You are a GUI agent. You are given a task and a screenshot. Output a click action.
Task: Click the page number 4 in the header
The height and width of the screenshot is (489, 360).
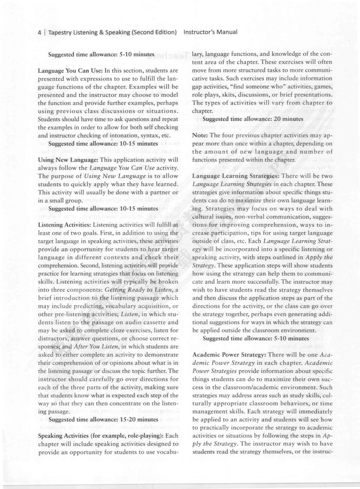(x=39, y=32)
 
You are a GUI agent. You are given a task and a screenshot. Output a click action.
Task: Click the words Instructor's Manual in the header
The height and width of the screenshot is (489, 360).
(x=210, y=32)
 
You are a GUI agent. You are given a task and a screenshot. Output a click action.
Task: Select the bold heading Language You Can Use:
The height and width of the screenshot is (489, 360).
(x=65, y=71)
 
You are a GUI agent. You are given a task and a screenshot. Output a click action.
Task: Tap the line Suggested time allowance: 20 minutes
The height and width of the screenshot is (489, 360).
(x=253, y=119)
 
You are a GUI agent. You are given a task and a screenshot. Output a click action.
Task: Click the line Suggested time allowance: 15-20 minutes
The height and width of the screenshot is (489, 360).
(x=103, y=420)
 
